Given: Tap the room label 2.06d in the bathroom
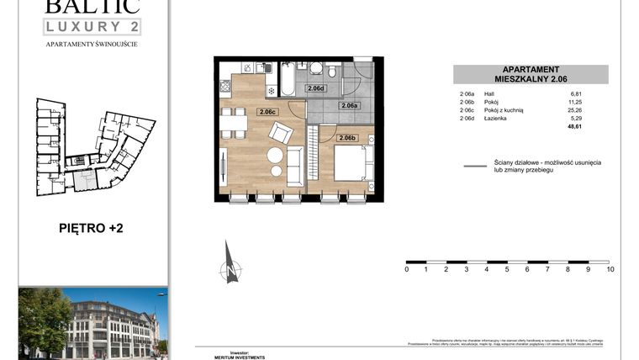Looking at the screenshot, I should [x=316, y=88].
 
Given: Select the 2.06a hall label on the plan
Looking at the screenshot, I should [x=350, y=106].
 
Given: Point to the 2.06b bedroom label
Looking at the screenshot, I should [x=347, y=138].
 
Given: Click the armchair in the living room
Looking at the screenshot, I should [x=281, y=133].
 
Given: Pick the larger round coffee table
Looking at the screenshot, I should [x=274, y=156].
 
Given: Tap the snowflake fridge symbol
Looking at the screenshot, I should [x=272, y=91].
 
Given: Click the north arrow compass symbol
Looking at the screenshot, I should [x=230, y=263].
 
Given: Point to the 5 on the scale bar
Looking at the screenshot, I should [x=507, y=269].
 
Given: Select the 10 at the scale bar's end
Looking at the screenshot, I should [x=610, y=269].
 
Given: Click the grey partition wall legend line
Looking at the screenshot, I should [x=476, y=167].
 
